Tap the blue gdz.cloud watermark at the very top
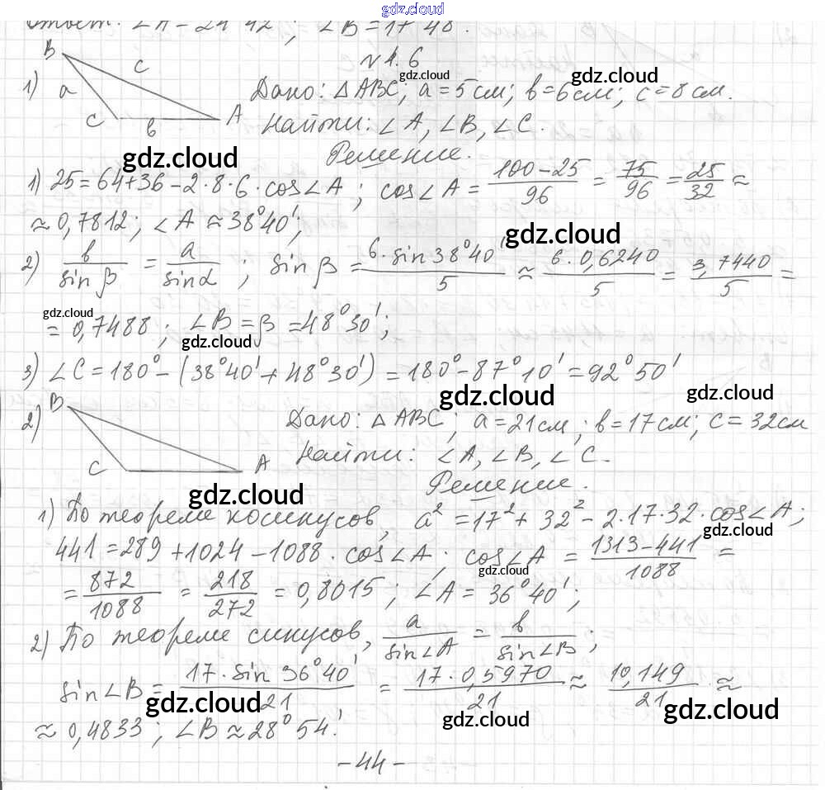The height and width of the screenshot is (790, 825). click(x=412, y=9)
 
